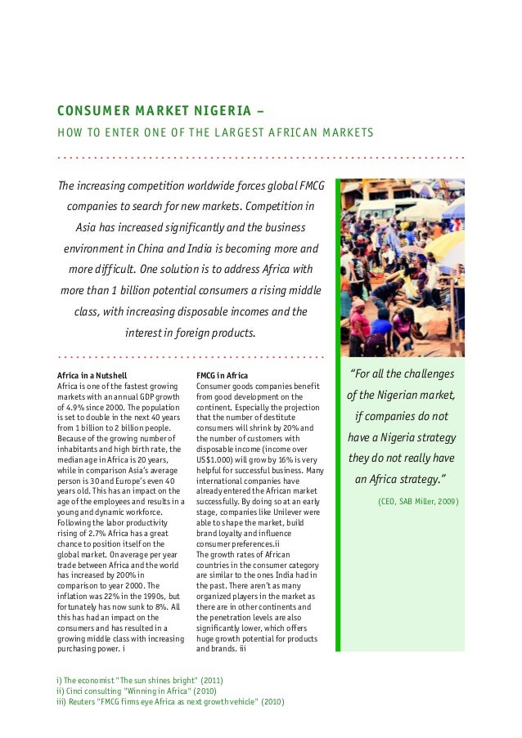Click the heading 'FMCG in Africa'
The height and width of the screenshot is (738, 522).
pyautogui.click(x=222, y=375)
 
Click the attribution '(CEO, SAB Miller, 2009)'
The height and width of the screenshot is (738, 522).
pyautogui.click(x=417, y=500)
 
